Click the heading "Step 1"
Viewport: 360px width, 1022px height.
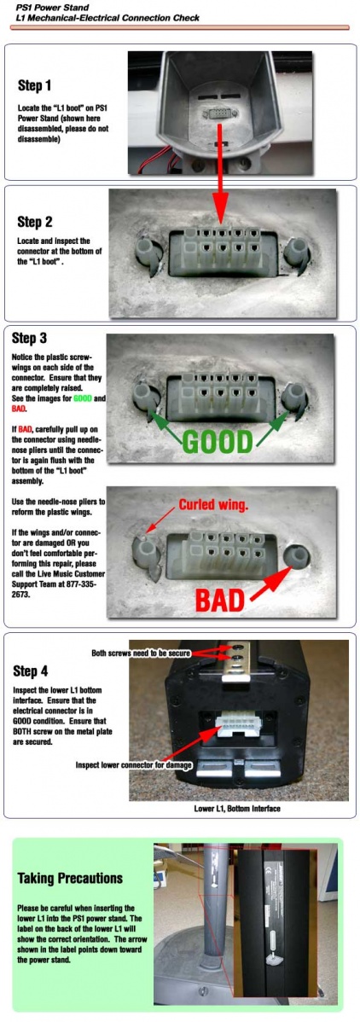[34, 84]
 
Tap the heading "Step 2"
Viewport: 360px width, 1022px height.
[35, 223]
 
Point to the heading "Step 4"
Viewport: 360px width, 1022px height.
[32, 671]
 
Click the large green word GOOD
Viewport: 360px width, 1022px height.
[217, 441]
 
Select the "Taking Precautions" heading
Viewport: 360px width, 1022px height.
[70, 878]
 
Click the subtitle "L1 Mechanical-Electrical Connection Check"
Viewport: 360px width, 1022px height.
[107, 18]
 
